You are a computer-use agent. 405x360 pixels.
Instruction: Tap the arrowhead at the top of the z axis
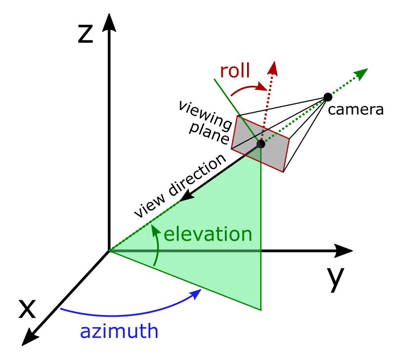(108, 22)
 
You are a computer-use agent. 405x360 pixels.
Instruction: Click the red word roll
(235, 71)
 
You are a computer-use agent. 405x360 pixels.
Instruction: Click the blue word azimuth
(119, 332)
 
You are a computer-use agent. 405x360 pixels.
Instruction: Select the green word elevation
(207, 234)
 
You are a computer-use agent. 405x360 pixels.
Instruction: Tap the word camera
(355, 109)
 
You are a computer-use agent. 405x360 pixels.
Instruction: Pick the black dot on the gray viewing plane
(261, 144)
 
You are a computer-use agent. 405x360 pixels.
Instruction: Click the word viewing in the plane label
(205, 113)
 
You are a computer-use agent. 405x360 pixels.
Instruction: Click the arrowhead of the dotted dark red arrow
(273, 68)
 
